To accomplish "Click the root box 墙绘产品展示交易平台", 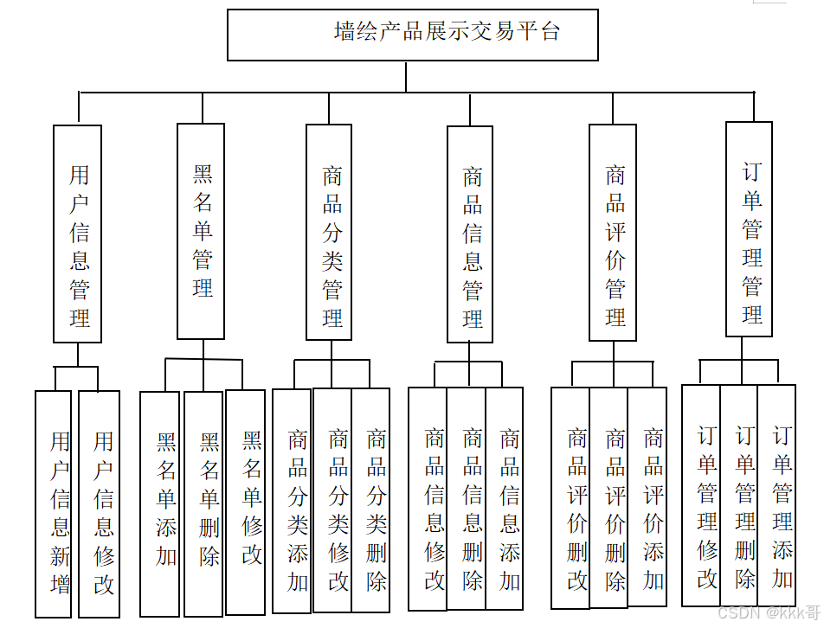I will click(412, 35).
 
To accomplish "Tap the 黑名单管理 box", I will click(201, 231).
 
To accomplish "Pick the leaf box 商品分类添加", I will click(293, 502).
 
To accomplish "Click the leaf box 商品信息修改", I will click(428, 499).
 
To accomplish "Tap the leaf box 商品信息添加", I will click(505, 499).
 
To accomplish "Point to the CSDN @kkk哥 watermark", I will click(769, 613).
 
